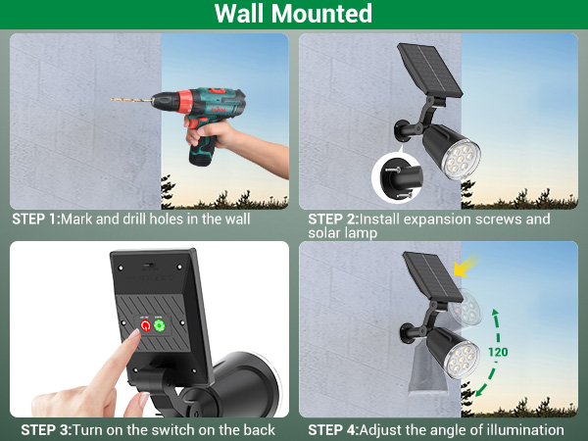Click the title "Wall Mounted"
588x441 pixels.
tap(294, 15)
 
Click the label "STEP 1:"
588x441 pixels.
tap(35, 219)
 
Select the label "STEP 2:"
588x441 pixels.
tap(332, 219)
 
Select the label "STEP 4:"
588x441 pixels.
tap(332, 429)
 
